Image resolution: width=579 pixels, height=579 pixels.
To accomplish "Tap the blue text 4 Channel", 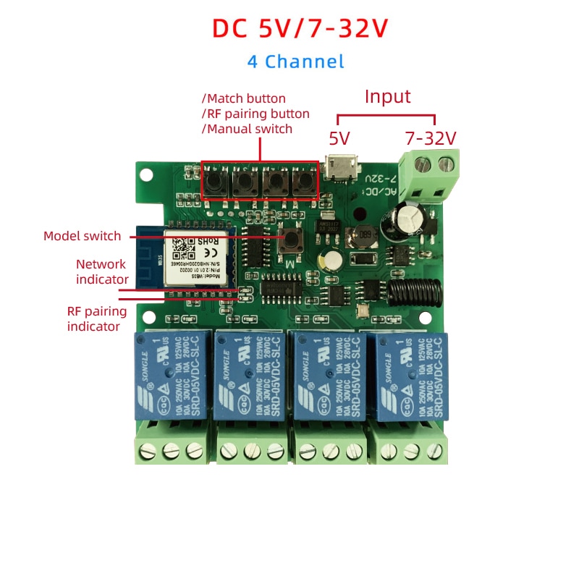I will [295, 62].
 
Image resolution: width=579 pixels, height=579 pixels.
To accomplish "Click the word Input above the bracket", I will [387, 97].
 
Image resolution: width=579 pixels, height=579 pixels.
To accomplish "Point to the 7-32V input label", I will [431, 138].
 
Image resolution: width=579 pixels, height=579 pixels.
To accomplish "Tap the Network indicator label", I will [101, 271].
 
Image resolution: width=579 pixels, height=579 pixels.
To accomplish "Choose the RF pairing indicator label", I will [96, 319].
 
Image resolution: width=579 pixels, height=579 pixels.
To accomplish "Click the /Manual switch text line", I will [247, 129].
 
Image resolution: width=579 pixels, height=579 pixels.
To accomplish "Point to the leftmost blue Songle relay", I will [169, 378].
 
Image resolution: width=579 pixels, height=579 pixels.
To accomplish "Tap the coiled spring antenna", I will [413, 292].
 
